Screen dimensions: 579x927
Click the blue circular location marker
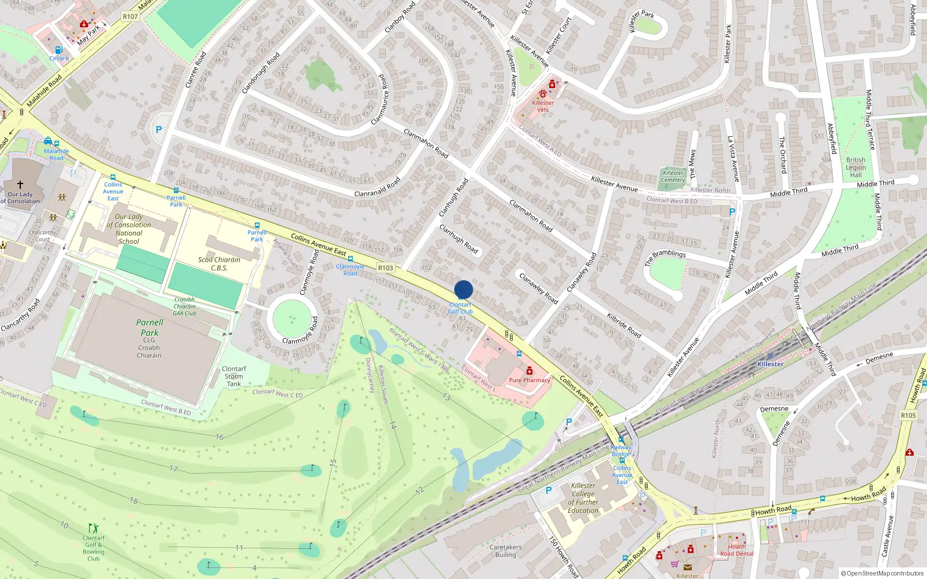463,289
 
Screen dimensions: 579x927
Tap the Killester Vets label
543,106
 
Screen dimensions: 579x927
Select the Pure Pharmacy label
529,380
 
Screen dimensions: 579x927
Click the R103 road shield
385,267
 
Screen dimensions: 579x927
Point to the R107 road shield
130,16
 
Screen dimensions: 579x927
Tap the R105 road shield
908,415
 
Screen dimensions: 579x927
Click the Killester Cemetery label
673,176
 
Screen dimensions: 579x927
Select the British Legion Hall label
856,167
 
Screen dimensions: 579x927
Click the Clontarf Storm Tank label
234,376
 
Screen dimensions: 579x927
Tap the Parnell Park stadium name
149,328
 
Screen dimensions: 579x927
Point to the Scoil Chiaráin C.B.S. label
219,263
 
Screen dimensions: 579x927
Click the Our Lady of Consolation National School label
129,229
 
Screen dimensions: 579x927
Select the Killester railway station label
770,364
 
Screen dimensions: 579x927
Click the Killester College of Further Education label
583,498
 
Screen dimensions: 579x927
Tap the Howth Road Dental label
737,550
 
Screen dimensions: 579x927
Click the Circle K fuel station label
59,58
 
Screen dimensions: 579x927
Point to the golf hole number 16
220,437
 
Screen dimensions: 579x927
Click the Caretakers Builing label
505,551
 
